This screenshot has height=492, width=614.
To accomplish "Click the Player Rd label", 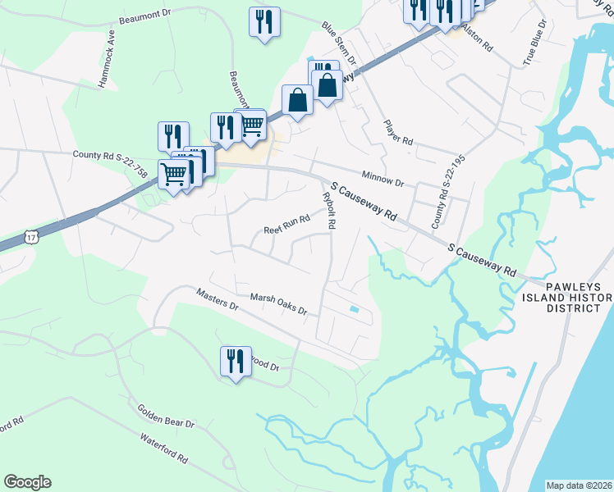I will (x=398, y=132).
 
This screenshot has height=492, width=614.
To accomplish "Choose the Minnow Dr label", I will (x=383, y=179).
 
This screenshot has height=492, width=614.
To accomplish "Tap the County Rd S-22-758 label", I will (x=110, y=154).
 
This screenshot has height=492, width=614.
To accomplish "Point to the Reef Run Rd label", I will (x=286, y=220).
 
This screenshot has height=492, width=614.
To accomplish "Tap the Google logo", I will (x=27, y=482).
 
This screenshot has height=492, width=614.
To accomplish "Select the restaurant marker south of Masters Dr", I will (x=235, y=361).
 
